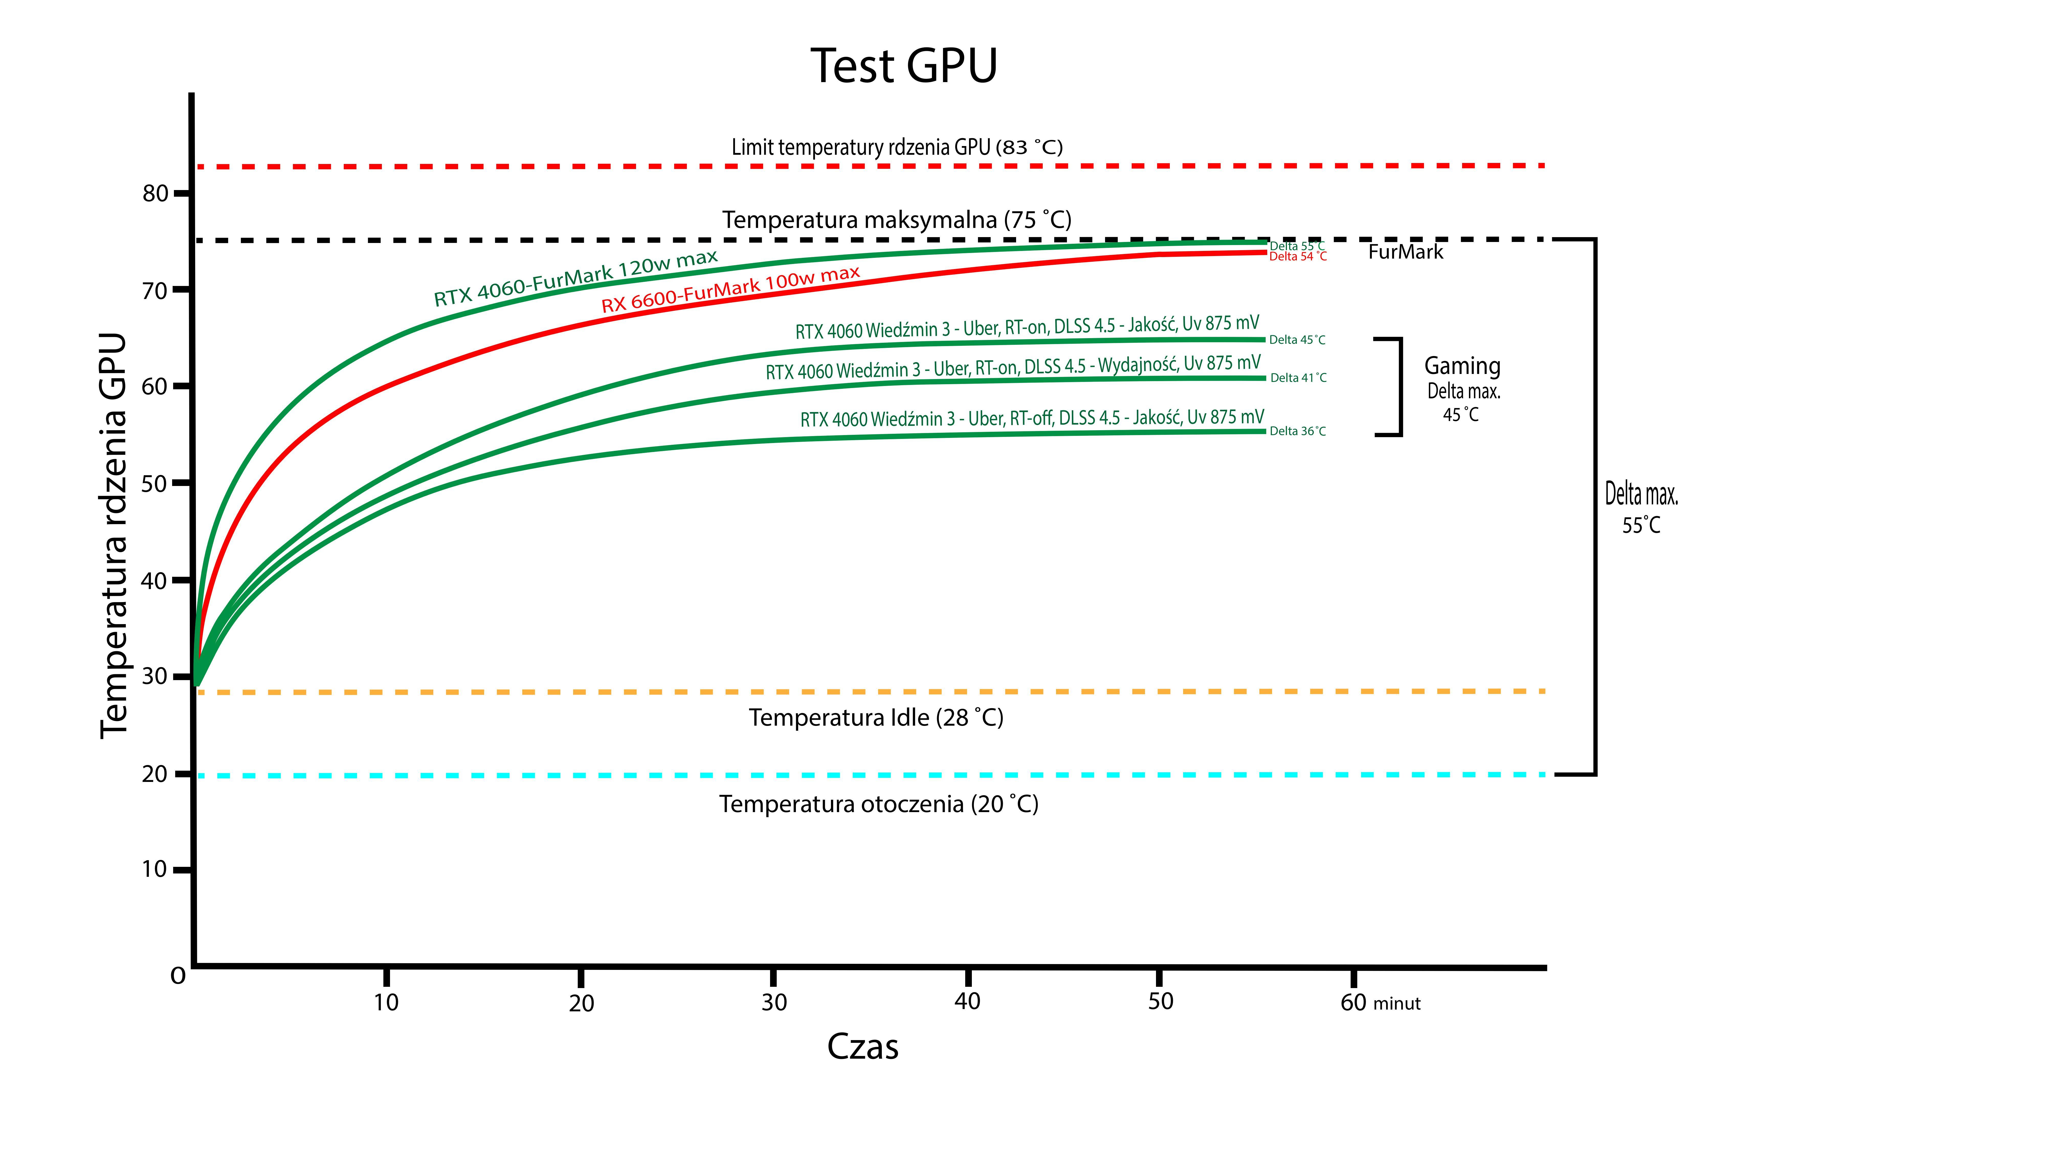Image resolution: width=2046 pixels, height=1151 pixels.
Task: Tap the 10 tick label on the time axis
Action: click(x=386, y=1002)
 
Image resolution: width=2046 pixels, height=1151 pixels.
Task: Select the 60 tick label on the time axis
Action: click(x=1353, y=1002)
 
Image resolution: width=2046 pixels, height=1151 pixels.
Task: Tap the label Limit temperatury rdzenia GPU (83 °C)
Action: click(x=897, y=147)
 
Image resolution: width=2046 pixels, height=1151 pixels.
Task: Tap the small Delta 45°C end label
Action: click(x=1297, y=340)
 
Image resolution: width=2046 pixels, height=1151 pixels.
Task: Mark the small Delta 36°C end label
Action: click(x=1297, y=431)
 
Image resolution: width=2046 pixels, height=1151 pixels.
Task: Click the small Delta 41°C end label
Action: click(x=1298, y=378)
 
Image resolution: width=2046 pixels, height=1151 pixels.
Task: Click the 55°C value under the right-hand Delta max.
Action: click(x=1641, y=525)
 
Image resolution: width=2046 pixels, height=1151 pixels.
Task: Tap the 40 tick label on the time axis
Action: click(x=968, y=1002)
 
